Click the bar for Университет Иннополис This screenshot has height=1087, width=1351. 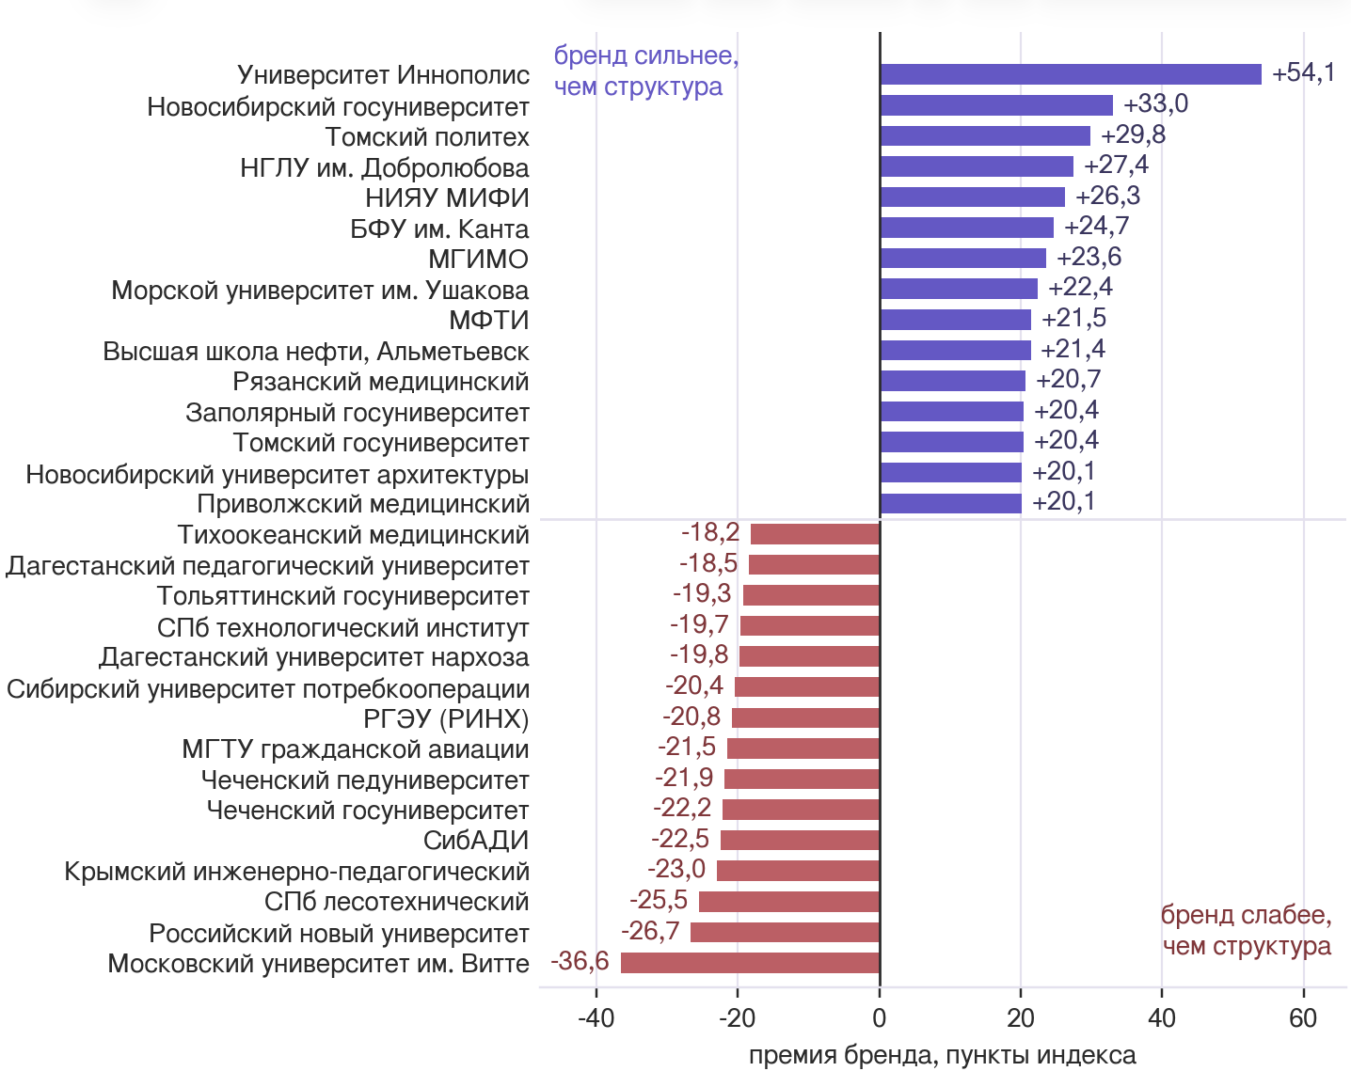click(x=1071, y=74)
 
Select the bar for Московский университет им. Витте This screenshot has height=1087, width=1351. click(x=750, y=963)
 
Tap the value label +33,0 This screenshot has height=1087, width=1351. click(x=1155, y=103)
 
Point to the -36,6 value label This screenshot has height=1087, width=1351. click(x=580, y=961)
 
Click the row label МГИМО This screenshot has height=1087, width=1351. click(x=478, y=260)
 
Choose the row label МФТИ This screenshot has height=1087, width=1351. click(x=488, y=320)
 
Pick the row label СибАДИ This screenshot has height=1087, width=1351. click(x=476, y=841)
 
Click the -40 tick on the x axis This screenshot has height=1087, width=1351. click(x=596, y=1017)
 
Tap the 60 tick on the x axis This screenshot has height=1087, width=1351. click(x=1303, y=1017)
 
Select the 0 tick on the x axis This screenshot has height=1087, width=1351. click(x=880, y=1017)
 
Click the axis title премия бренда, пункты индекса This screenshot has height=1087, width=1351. click(x=943, y=1056)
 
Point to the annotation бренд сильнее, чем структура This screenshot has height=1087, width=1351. click(x=646, y=71)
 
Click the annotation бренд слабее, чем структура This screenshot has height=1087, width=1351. click(x=1247, y=930)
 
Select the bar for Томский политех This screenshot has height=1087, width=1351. click(x=985, y=135)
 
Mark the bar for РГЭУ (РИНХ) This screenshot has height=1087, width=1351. click(x=806, y=717)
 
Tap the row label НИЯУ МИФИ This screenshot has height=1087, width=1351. click(x=447, y=197)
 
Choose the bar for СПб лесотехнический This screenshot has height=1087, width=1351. click(x=789, y=901)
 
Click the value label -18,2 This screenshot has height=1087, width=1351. click(x=710, y=532)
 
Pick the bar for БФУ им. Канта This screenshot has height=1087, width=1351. click(x=967, y=228)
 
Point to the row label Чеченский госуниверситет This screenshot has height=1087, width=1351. click(x=368, y=811)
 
